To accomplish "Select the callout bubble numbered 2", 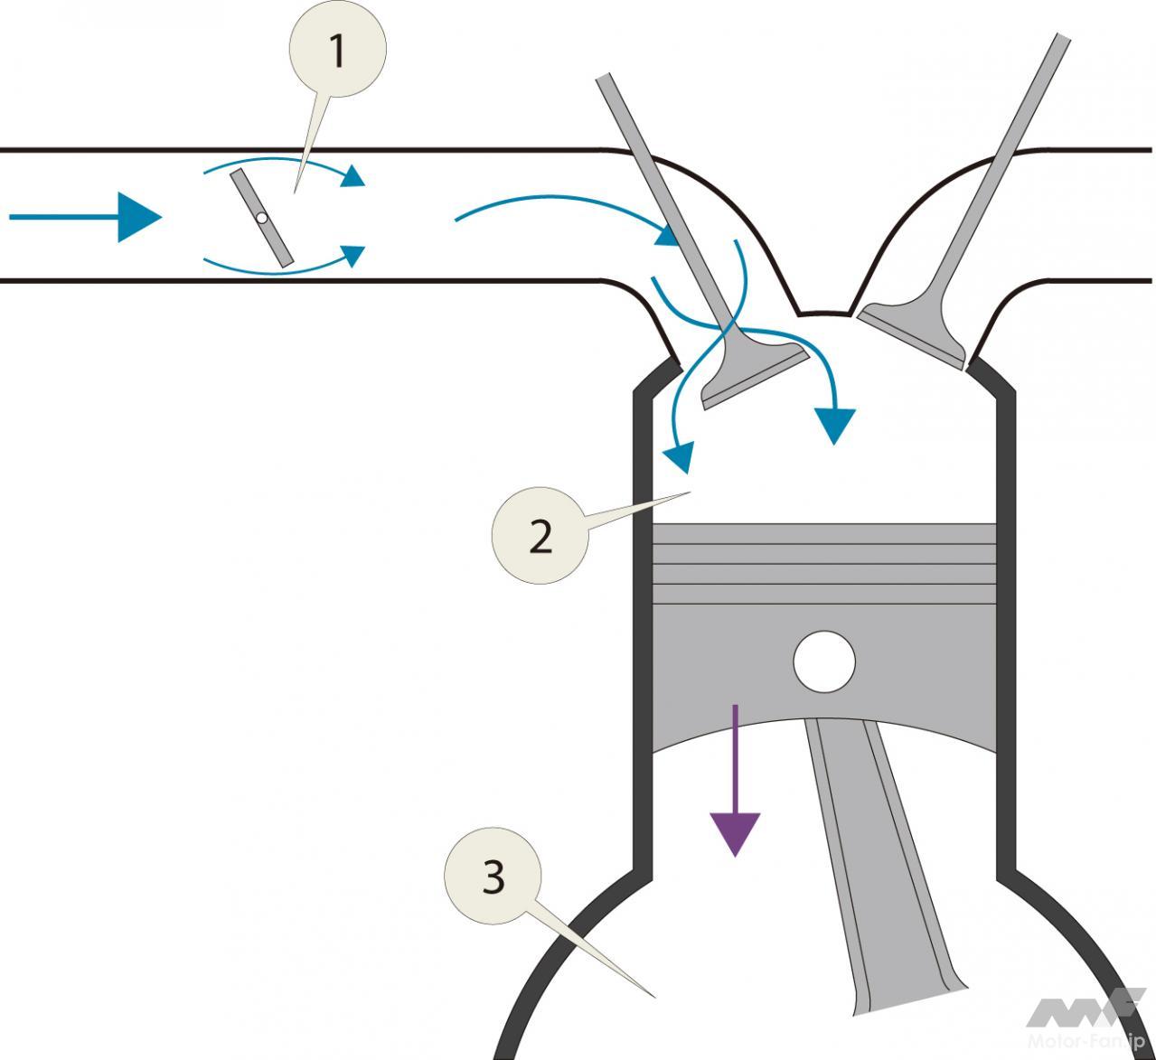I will [x=540, y=536].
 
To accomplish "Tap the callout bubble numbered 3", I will [x=493, y=876].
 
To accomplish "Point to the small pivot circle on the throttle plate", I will [x=261, y=218].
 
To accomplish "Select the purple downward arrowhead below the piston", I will [x=734, y=832].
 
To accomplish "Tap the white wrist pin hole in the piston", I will [x=823, y=661].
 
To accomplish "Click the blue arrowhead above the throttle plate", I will [x=353, y=176].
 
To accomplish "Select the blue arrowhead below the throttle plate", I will [x=353, y=254].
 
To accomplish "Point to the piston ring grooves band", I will [x=823, y=565].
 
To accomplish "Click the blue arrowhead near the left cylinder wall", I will [x=678, y=456].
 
